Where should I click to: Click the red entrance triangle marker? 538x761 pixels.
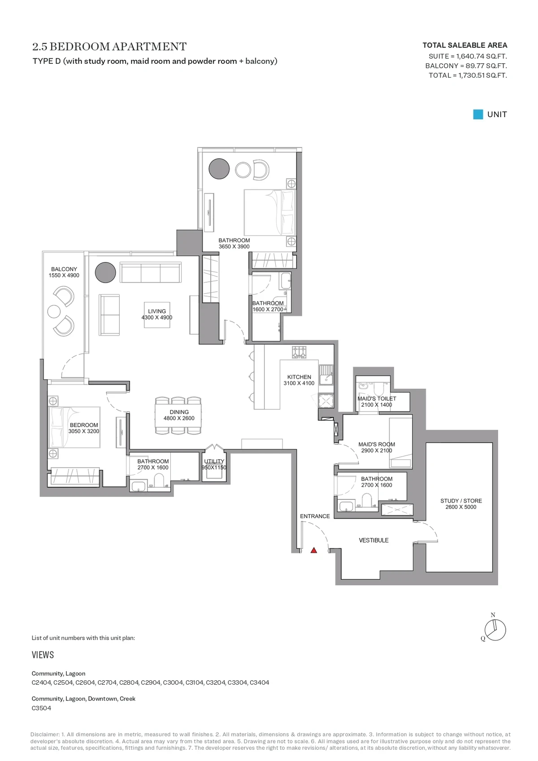tap(314, 550)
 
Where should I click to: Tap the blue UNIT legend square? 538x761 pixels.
tap(478, 114)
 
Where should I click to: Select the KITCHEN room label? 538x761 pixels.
tap(299, 377)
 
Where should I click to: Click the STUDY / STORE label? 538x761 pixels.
tap(461, 501)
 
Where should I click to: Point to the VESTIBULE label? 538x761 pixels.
tap(374, 540)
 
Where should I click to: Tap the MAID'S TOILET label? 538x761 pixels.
tap(377, 398)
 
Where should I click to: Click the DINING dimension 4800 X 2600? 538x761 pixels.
tap(179, 418)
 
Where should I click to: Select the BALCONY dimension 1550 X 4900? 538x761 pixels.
tap(64, 275)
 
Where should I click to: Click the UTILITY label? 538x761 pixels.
tap(214, 461)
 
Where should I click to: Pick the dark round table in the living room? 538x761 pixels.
tap(105, 272)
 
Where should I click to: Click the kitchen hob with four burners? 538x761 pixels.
tap(299, 352)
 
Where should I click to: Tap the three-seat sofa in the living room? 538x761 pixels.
tap(150, 272)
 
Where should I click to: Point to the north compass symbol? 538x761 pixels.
tap(495, 630)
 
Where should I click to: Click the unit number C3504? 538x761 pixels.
tap(41, 708)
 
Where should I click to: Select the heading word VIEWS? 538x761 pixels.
tap(43, 655)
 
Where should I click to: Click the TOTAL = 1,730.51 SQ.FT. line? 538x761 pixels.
tap(468, 75)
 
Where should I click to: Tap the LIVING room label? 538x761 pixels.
tap(157, 311)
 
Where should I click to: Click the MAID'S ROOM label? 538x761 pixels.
tap(377, 444)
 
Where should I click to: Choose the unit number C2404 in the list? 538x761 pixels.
tap(41, 682)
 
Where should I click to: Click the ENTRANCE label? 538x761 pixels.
tap(315, 516)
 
